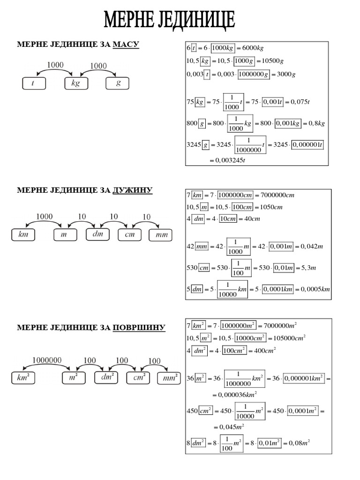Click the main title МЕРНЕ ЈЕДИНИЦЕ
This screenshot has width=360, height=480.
click(x=170, y=20)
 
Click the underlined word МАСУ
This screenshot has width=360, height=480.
click(x=126, y=45)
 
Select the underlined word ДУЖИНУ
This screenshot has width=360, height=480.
click(x=133, y=190)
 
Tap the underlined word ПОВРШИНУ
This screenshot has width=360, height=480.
click(x=139, y=327)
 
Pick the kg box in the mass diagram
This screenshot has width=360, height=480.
click(x=76, y=83)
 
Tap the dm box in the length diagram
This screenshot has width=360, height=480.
click(x=98, y=234)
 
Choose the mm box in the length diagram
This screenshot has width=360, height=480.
click(x=160, y=235)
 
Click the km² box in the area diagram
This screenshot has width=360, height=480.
click(x=23, y=377)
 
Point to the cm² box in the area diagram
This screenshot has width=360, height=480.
click(x=139, y=377)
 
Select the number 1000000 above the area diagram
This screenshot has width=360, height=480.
click(x=47, y=360)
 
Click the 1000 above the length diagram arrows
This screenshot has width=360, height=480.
click(x=45, y=217)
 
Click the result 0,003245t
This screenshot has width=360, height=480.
click(x=230, y=160)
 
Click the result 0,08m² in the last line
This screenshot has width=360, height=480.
click(x=299, y=442)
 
